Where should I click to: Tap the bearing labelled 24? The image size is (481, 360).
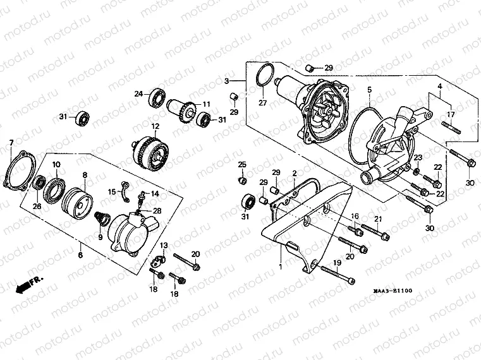pyautogui.click(x=155, y=98)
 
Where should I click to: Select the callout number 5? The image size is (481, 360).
pyautogui.click(x=369, y=90)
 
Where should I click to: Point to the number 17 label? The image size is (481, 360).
pyautogui.click(x=451, y=114)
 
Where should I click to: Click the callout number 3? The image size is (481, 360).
pyautogui.click(x=226, y=81)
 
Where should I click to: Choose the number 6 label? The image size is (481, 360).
pyautogui.click(x=80, y=255)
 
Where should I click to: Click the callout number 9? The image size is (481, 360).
pyautogui.click(x=99, y=237)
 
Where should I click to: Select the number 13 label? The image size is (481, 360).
pyautogui.click(x=163, y=245)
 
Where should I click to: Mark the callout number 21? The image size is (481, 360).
pyautogui.click(x=379, y=219)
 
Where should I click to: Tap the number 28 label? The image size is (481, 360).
pyautogui.click(x=157, y=210)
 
